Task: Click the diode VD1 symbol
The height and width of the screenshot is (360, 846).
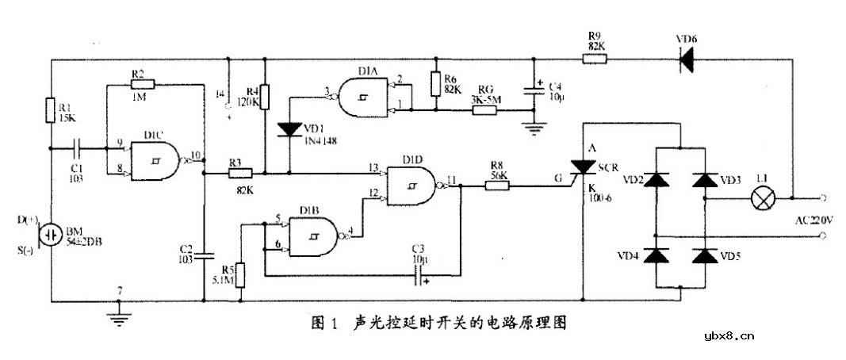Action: click(290, 129)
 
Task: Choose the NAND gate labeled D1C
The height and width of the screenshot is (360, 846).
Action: click(157, 157)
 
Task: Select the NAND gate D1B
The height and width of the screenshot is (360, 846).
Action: click(316, 233)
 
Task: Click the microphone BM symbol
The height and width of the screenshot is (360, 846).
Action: click(51, 236)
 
